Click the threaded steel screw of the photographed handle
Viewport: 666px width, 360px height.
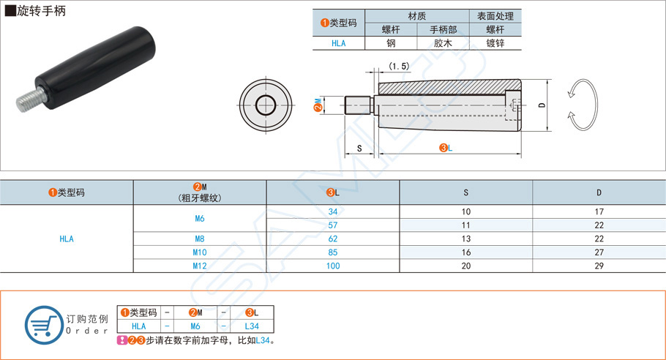pos(26,97)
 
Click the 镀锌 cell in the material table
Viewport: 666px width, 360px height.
pos(495,43)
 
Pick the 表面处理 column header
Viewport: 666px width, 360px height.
pos(495,15)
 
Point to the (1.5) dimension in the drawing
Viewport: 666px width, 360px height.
pos(399,66)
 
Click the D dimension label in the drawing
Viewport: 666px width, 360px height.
pos(542,105)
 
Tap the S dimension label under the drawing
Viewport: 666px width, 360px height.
pos(359,148)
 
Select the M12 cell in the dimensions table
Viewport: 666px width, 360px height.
pos(200,266)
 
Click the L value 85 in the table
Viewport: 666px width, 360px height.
pos(333,252)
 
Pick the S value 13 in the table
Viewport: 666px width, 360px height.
pos(466,239)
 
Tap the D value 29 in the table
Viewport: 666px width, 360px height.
pos(599,266)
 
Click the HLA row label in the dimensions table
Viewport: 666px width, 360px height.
pos(67,239)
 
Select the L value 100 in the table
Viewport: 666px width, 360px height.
pos(333,266)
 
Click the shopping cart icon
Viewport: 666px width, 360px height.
pos(43,322)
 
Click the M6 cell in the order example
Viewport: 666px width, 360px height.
pos(195,326)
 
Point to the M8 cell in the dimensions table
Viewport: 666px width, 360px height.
pos(200,239)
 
